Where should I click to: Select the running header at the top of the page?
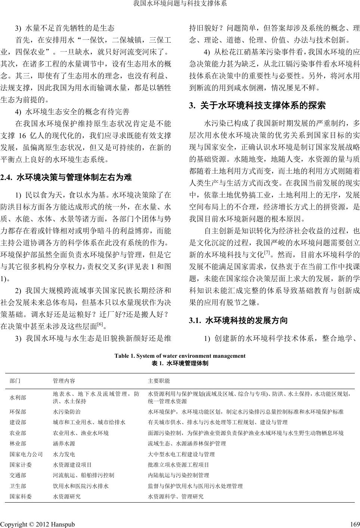(x=180, y=4)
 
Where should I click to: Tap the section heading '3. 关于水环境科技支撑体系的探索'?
(x=258, y=106)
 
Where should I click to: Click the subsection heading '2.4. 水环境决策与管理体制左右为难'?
(x=66, y=177)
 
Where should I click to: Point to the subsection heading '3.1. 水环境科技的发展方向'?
(x=239, y=320)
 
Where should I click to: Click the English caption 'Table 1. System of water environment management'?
(x=180, y=356)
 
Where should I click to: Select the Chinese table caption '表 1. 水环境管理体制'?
(x=180, y=363)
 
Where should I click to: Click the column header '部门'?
(x=15, y=381)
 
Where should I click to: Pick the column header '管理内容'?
(x=64, y=381)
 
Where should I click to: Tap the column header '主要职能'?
(x=159, y=381)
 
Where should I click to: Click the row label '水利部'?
(x=18, y=398)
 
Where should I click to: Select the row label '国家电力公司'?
(x=26, y=454)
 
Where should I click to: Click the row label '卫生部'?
(x=18, y=486)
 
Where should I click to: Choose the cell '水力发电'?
(x=64, y=454)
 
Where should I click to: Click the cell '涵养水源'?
(x=64, y=444)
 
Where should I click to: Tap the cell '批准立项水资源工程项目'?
(x=179, y=465)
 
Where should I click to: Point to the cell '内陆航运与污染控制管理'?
(x=179, y=475)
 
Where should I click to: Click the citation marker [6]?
(x=100, y=324)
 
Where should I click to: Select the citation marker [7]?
(x=267, y=253)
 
